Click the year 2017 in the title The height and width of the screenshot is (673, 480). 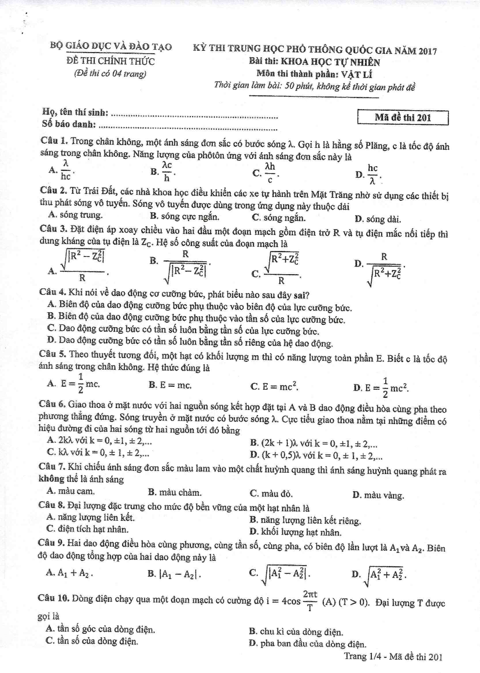(427, 51)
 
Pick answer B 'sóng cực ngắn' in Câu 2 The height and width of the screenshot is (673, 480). (185, 217)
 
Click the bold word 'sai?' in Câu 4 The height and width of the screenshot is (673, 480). (301, 295)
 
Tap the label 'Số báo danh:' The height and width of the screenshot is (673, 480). (69, 124)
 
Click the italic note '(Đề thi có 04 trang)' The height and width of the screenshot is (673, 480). (110, 73)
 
